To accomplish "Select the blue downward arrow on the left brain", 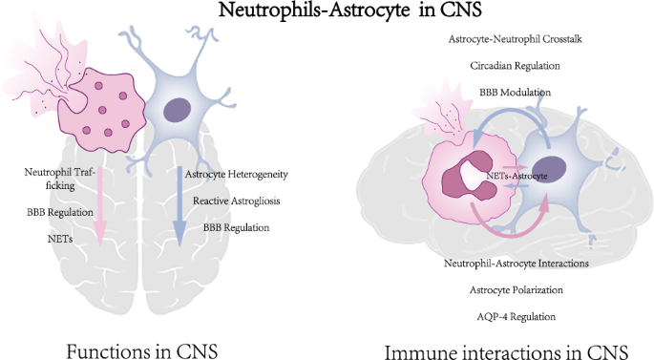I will (x=178, y=201).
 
